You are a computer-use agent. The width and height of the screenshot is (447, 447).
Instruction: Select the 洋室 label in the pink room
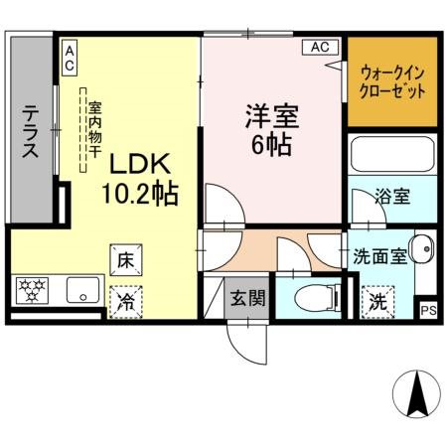click(265, 114)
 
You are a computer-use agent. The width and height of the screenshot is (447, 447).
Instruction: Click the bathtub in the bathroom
click(392, 156)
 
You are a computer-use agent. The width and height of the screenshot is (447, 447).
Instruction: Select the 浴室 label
click(392, 198)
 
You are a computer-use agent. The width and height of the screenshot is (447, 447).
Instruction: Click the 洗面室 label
click(378, 255)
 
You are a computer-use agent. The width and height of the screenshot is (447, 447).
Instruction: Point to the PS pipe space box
click(428, 310)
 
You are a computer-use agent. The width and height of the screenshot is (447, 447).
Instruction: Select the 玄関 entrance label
click(248, 298)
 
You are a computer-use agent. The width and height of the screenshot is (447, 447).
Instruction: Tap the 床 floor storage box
click(127, 260)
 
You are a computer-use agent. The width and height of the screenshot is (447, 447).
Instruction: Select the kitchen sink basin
click(80, 292)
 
